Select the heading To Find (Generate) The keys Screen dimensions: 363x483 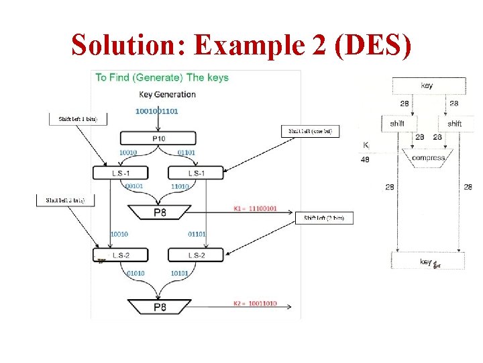(162, 77)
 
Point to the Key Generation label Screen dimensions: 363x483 (167, 94)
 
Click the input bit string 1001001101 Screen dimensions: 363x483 (157, 111)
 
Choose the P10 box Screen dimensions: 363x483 (158, 138)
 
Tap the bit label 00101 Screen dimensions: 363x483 (133, 186)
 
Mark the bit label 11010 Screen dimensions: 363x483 (180, 186)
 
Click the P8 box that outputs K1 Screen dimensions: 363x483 (160, 212)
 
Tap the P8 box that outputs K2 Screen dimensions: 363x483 (160, 307)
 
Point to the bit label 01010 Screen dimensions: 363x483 (136, 274)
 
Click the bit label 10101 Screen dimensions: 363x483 (180, 274)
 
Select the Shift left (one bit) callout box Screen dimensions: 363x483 (310, 131)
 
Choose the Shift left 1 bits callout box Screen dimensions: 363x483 (77, 119)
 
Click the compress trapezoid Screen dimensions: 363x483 (428, 158)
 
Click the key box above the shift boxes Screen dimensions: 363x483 (427, 86)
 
